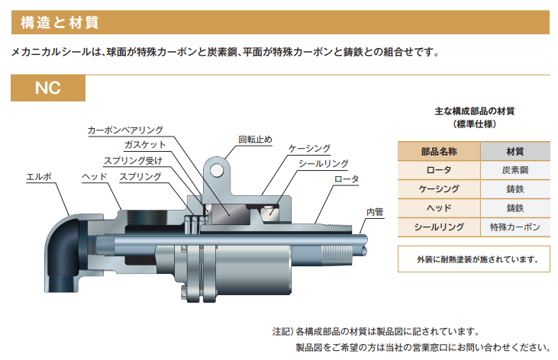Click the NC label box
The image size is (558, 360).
point(48,88)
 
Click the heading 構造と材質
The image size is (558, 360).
point(60,22)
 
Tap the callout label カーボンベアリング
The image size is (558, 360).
point(125,130)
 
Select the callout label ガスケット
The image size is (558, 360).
point(145,145)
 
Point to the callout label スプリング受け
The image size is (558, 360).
point(133,161)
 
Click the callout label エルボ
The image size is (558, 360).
point(39,177)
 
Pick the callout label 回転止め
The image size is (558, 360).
point(255,140)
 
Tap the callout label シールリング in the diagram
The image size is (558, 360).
point(324,164)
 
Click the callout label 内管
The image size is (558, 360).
point(375,212)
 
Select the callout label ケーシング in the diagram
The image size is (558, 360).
point(309,148)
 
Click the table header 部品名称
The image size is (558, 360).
point(439,152)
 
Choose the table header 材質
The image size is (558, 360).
point(515,152)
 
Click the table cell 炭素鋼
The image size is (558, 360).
point(515,170)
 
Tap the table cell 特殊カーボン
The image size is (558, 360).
point(515,227)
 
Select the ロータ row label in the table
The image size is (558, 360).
point(439,170)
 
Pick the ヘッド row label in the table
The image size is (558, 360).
point(439,208)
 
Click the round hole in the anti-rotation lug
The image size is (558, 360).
point(216,171)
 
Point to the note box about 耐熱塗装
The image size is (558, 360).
point(474,259)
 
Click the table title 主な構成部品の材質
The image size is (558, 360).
point(474,111)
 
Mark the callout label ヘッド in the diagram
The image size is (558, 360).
point(95,177)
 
